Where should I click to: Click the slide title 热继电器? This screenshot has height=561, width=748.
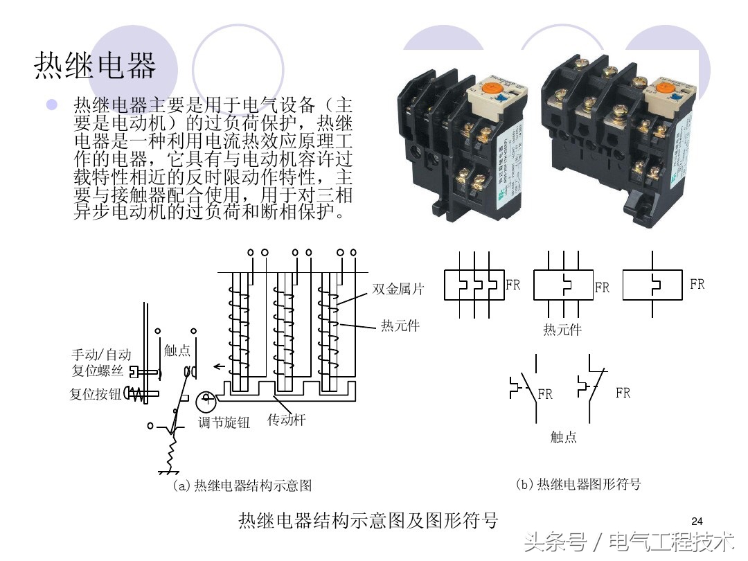coord(96,66)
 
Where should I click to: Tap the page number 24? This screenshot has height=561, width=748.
coord(697,521)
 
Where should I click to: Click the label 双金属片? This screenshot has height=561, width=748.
coord(398,290)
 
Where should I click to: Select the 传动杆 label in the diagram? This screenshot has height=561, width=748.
coord(286,420)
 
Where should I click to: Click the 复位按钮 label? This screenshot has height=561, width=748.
coord(95,394)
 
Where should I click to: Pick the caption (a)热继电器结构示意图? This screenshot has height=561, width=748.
coord(242,486)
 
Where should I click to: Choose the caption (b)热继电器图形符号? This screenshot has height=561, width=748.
coord(578,484)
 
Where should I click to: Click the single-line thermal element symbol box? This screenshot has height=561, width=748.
coord(652,285)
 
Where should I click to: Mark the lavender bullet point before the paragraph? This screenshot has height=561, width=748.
coord(51,105)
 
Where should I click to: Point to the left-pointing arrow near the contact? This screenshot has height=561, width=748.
coord(219,367)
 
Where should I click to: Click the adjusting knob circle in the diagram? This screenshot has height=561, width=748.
coord(206,401)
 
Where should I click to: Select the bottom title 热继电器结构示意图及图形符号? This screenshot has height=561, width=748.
coord(368,520)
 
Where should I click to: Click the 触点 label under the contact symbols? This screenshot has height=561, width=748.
coord(563,437)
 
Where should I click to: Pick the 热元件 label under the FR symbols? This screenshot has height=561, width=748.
coord(562,330)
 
